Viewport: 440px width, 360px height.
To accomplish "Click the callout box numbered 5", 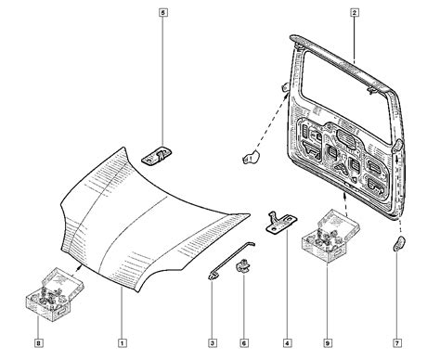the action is tap(163, 13).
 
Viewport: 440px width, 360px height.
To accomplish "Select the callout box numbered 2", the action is tap(355, 13).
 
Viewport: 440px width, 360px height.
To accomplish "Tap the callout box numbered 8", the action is tap(38, 342).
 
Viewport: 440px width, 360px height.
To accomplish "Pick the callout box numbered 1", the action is tap(123, 342).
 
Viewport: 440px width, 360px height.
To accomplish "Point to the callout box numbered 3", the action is tap(213, 342).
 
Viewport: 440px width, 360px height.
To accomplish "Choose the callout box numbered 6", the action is tap(244, 342).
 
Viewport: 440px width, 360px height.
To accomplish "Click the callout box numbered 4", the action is tap(287, 342).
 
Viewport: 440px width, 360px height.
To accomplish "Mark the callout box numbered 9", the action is tap(328, 342).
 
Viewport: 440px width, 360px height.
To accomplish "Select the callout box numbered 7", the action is tap(397, 342).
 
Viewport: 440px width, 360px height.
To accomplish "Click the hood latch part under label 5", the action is tap(157, 156).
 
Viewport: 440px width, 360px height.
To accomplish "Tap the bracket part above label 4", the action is tap(281, 223).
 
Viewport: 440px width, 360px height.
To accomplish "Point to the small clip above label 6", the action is tap(243, 266).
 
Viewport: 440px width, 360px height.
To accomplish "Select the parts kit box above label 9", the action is tap(330, 236).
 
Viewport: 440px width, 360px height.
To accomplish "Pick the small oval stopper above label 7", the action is tap(399, 243).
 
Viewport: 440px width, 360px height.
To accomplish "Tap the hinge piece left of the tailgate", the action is tap(285, 87).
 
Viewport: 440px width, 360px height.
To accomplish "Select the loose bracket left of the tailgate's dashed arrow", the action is tap(252, 157).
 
